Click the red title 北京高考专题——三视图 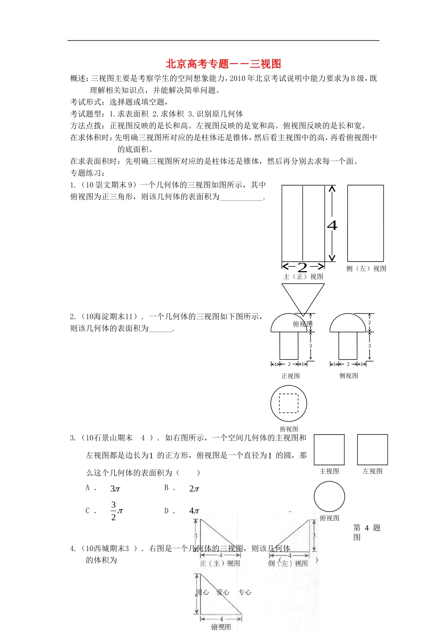pyautogui.click(x=223, y=64)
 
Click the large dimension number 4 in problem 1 pyautogui.click(x=332, y=225)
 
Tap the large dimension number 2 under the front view pyautogui.click(x=303, y=267)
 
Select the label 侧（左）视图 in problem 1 pyautogui.click(x=366, y=268)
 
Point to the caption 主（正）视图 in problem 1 pyautogui.click(x=303, y=276)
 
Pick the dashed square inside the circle pyautogui.click(x=288, y=403)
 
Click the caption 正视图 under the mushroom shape pyautogui.click(x=290, y=376)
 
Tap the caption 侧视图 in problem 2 pyautogui.click(x=349, y=376)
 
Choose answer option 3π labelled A pyautogui.click(x=115, y=489)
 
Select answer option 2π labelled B pyautogui.click(x=194, y=489)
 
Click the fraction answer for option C pyautogui.click(x=116, y=511)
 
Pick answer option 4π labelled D pyautogui.click(x=194, y=511)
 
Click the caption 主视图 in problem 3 pyautogui.click(x=329, y=471)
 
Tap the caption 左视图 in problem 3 pyautogui.click(x=372, y=471)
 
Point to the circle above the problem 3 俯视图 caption pyautogui.click(x=329, y=496)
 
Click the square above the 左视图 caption pyautogui.click(x=372, y=450)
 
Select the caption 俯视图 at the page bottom pyautogui.click(x=221, y=627)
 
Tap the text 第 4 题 pyautogui.click(x=367, y=528)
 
